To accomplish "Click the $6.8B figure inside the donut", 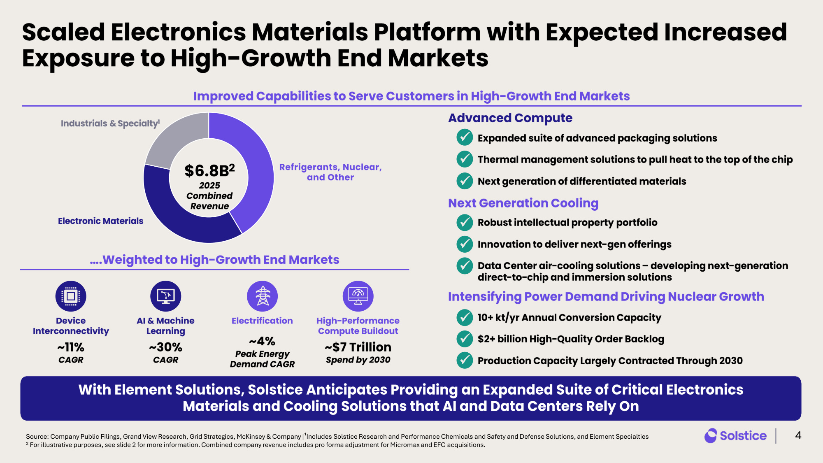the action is pos(209,170).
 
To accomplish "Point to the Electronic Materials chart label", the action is pos(100,221).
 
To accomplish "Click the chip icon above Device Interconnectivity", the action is pos(71,296).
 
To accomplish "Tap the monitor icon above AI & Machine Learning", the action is pos(166,296).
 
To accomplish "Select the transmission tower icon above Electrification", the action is pos(262,296).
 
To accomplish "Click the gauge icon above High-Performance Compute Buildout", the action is pos(358,296).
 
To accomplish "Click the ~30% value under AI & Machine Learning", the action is pos(165,347).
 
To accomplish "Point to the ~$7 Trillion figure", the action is pos(358,347).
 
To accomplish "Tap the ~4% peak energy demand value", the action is pos(262,341).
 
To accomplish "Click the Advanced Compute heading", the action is pos(510,118).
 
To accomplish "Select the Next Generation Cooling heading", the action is pos(523,203).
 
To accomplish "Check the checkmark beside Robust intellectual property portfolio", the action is pos(465,223).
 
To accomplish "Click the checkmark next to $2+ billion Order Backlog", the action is pos(465,339).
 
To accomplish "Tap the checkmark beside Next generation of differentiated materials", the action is pos(465,181).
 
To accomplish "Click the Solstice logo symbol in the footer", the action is pos(710,436).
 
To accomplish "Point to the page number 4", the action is pos(798,435).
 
